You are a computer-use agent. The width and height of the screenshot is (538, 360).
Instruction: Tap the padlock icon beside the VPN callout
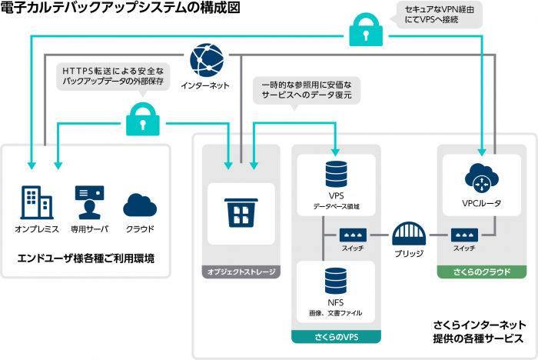(x=367, y=31)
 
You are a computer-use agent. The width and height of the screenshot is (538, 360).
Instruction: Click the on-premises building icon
(x=35, y=202)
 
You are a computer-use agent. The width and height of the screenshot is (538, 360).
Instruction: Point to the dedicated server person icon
(x=89, y=202)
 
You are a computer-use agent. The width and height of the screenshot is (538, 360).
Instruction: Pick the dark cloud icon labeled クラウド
(x=140, y=204)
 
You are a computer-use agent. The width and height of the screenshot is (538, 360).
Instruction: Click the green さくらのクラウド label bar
(x=482, y=272)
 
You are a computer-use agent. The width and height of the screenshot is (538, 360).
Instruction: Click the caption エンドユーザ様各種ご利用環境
(x=85, y=259)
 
